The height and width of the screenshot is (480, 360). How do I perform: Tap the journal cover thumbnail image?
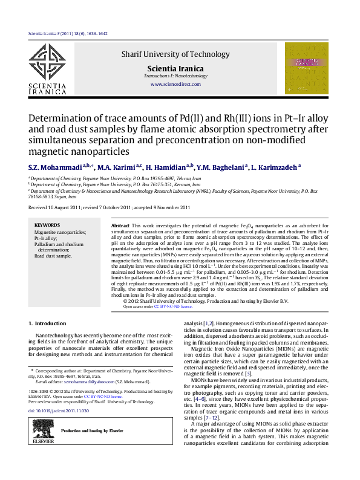tap(306, 68)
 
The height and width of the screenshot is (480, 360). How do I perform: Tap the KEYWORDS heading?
tap(47, 224)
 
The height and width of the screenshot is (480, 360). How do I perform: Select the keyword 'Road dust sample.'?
tap(53, 256)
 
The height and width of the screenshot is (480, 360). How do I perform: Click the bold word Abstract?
tap(121, 225)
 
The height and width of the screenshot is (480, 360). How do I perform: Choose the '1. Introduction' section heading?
tap(48, 323)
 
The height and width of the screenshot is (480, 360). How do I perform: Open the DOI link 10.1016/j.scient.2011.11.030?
tap(67, 410)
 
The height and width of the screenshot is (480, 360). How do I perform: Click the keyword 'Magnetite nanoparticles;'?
tap(60, 232)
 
